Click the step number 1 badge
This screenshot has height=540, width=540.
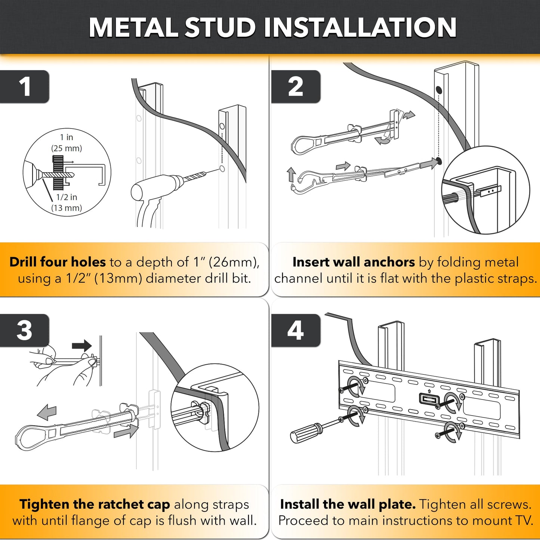25,87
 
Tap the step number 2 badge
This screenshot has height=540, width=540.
296,87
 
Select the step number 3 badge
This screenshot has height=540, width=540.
25,330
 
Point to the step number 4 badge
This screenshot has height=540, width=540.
296,330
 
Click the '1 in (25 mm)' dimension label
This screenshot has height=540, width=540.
67,143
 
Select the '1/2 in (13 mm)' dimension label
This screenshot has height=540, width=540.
67,202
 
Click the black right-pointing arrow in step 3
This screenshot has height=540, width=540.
82,346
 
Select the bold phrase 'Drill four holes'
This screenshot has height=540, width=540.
58,262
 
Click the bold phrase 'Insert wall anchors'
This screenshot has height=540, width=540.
354,262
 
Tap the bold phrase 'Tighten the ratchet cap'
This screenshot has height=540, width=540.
95,504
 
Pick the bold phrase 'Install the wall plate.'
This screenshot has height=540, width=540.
348,504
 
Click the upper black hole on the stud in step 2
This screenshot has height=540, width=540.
439,90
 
